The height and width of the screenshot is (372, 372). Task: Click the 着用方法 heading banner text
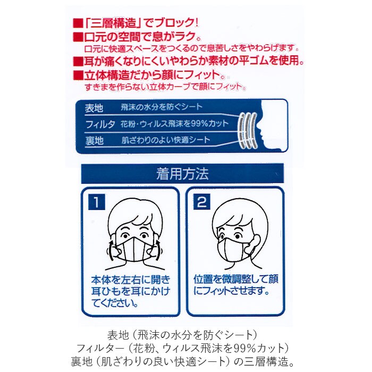(x=182, y=174)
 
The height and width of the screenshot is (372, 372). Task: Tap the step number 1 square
(x=97, y=202)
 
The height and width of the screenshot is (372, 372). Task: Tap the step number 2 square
(x=201, y=202)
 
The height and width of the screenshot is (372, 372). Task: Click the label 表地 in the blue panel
(x=94, y=108)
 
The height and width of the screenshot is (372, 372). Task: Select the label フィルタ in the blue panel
(x=100, y=124)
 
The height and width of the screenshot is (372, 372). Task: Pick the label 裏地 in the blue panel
(x=94, y=140)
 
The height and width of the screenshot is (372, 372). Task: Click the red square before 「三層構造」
(x=78, y=23)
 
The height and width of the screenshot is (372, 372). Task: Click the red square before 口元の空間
(x=78, y=37)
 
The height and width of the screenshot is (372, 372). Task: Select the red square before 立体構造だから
(x=78, y=75)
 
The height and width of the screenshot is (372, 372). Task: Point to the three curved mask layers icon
(x=248, y=131)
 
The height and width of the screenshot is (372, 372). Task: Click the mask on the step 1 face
(x=134, y=249)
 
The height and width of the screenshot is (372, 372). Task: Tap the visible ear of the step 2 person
(x=256, y=243)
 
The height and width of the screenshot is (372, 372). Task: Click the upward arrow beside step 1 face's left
(x=111, y=248)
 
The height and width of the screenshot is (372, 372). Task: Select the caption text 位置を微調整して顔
(x=236, y=279)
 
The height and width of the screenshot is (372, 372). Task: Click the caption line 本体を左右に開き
(x=131, y=280)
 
